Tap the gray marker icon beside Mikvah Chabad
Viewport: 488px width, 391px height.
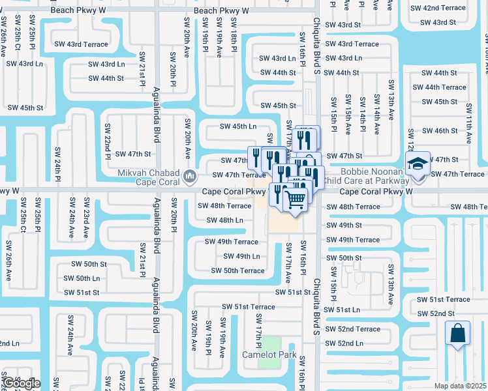189,175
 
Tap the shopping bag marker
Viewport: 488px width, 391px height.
457,332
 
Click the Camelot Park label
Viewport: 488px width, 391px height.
269,355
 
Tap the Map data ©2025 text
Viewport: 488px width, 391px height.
461,386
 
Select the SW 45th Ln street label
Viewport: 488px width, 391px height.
237,126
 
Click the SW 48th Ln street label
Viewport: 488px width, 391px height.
224,220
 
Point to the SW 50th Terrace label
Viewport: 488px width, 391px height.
235,270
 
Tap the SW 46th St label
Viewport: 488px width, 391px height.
440,131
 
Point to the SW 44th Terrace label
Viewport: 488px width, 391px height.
444,87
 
